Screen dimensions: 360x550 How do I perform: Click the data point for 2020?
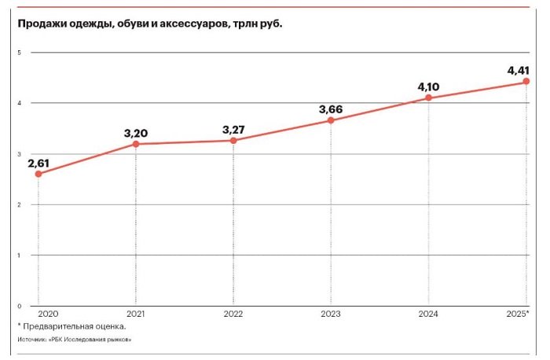(x=38, y=174)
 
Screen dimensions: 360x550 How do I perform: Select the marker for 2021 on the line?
(x=136, y=144)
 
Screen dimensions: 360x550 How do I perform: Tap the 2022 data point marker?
(x=233, y=141)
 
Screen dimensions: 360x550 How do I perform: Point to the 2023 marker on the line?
(x=331, y=120)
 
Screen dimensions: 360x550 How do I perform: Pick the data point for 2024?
(x=428, y=98)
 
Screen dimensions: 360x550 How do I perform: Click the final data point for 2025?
(x=526, y=82)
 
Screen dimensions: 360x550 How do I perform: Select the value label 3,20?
(x=136, y=133)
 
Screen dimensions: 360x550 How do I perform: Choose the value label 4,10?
(x=429, y=86)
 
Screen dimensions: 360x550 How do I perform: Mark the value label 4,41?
(x=524, y=71)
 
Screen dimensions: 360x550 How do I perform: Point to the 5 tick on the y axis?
(x=19, y=53)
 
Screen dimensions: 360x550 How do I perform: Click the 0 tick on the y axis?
(x=19, y=306)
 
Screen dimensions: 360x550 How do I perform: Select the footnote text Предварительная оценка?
(x=75, y=326)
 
